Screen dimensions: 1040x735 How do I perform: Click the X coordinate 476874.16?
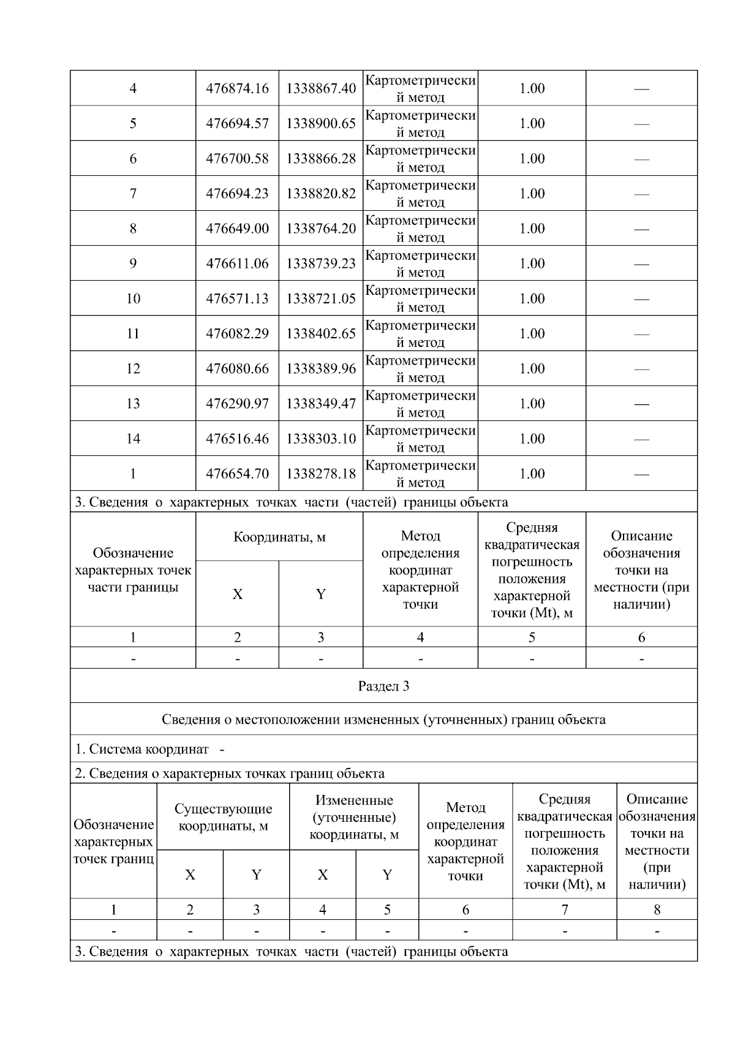click(x=237, y=88)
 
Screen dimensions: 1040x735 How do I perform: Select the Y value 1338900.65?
click(x=321, y=123)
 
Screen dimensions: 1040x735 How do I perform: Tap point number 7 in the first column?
click(x=133, y=194)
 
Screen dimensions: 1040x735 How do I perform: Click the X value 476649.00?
click(x=237, y=229)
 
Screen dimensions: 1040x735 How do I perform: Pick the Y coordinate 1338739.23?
click(x=321, y=264)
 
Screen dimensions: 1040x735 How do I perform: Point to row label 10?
click(x=133, y=298)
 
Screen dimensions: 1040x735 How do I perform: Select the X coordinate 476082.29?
click(x=237, y=333)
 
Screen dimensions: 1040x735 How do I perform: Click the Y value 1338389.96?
click(x=321, y=368)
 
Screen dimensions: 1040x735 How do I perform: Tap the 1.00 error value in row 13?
click(x=532, y=403)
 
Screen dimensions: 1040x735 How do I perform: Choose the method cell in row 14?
click(x=420, y=438)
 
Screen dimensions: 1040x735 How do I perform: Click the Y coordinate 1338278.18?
click(x=321, y=473)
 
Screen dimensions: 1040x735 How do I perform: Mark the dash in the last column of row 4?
click(x=641, y=89)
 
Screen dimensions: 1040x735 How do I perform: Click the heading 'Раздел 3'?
click(x=383, y=686)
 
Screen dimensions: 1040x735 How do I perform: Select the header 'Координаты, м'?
click(x=279, y=537)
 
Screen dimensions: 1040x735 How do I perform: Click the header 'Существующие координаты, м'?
click(x=223, y=817)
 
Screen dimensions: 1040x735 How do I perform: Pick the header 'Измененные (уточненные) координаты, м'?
click(x=354, y=817)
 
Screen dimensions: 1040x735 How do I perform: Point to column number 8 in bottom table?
click(x=657, y=909)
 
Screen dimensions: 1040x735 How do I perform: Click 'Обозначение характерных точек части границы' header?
click(x=133, y=570)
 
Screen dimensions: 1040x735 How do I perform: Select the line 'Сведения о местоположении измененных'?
click(x=383, y=719)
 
